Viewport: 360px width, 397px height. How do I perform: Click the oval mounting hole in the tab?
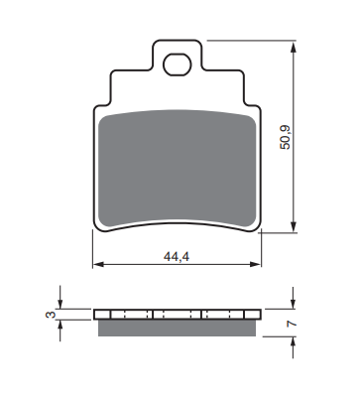[x=178, y=65]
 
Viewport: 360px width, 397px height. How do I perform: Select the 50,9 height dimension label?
[x=285, y=137]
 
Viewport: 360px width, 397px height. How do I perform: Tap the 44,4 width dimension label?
[x=177, y=257]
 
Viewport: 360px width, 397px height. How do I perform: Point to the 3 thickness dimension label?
[x=51, y=315]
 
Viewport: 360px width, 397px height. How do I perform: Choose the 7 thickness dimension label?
[x=292, y=324]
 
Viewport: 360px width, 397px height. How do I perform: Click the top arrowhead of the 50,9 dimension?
[x=294, y=47]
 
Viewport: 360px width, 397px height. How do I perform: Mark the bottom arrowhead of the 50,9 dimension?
[x=294, y=226]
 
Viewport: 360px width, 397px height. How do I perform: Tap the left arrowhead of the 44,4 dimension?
[x=99, y=264]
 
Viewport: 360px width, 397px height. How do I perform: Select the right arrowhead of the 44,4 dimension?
[x=255, y=264]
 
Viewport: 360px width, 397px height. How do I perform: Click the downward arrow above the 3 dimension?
[x=60, y=297]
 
